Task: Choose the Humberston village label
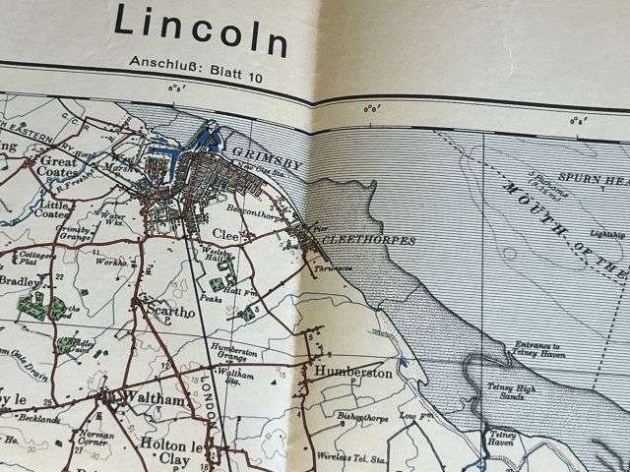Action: click(x=353, y=373)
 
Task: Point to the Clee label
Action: click(x=225, y=233)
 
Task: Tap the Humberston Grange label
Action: click(x=233, y=355)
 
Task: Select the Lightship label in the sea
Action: click(x=607, y=234)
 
